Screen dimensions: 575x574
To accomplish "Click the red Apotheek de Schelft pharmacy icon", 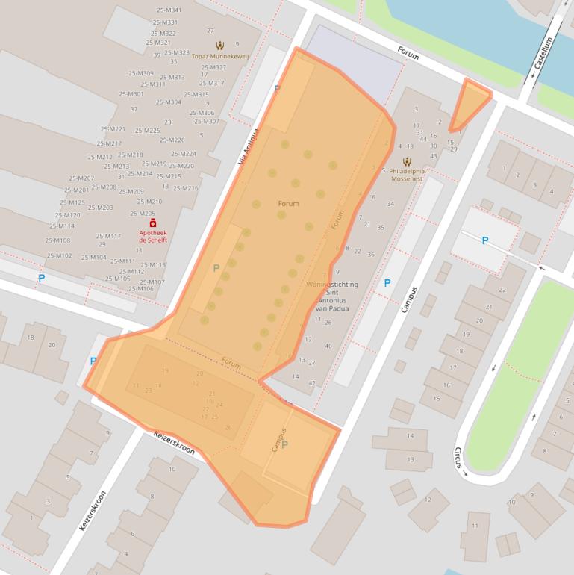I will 153,223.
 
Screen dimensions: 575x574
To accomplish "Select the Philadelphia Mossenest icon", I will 407,162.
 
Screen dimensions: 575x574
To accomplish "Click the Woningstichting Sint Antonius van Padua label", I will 331,296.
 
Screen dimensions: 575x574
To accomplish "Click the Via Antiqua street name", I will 248,146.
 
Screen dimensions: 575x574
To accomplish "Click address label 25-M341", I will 169,10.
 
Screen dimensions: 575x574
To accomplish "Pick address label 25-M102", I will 59,256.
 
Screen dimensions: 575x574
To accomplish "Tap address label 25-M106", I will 140,288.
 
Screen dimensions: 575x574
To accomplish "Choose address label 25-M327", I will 213,67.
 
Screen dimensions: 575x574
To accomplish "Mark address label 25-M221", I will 113,129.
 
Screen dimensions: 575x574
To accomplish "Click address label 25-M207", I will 81,178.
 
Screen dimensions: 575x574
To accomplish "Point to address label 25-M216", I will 185,188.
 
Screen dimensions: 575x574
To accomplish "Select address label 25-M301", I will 131,94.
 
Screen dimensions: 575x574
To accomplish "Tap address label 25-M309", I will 140,73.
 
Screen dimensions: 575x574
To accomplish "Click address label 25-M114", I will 62,226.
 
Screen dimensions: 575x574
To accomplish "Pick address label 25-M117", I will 108,236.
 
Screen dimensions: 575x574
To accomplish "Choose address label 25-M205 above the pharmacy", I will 143,213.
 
